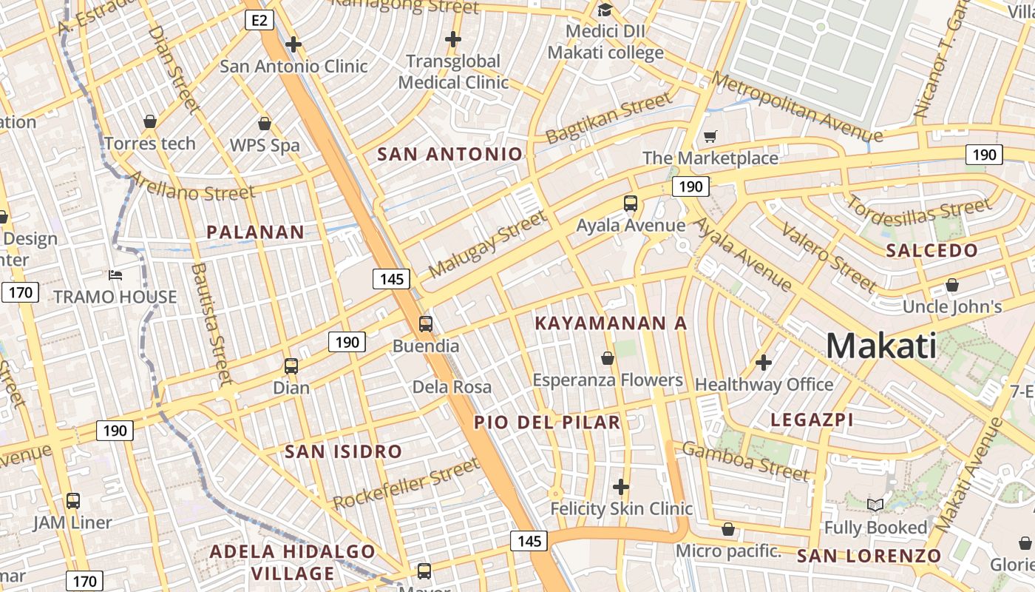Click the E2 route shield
click(x=259, y=20)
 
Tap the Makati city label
click(x=881, y=346)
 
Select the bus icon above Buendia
click(x=426, y=323)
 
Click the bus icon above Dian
click(x=291, y=366)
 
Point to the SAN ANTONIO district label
click(x=449, y=154)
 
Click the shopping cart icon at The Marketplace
click(x=710, y=136)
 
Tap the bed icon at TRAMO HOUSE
click(x=115, y=275)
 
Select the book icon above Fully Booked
click(x=875, y=505)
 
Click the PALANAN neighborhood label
click(x=255, y=232)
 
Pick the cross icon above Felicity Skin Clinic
click(x=621, y=486)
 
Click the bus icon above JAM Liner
click(x=72, y=501)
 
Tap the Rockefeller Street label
click(x=406, y=484)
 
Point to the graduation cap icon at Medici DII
click(x=605, y=10)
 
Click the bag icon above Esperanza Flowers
click(x=608, y=358)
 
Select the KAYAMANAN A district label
click(x=611, y=323)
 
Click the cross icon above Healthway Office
click(x=764, y=363)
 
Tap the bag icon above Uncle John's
click(x=952, y=285)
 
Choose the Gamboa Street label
click(x=745, y=460)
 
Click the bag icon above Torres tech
click(x=150, y=121)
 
